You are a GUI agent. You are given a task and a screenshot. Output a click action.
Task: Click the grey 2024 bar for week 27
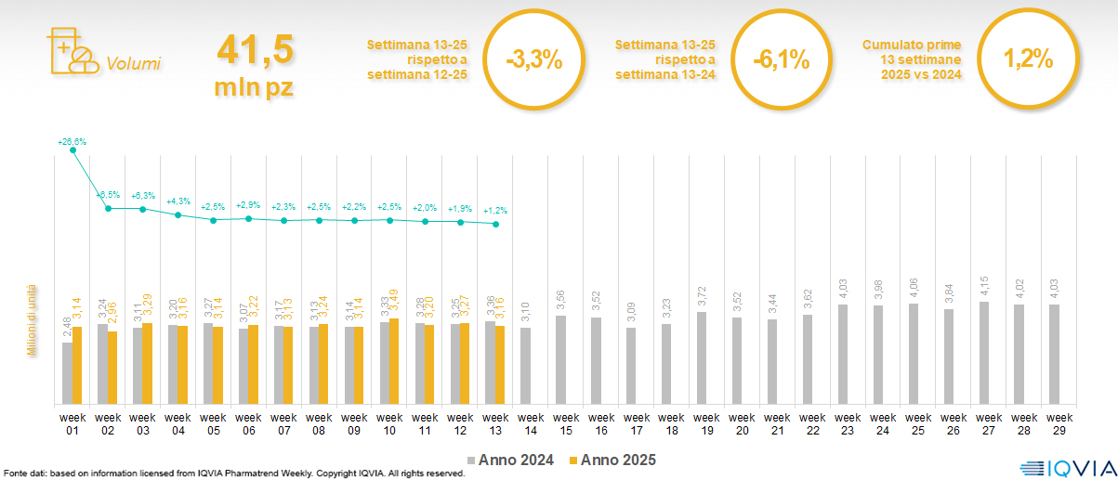[x=984, y=353]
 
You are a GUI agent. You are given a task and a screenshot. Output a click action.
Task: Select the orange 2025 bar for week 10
[x=394, y=361]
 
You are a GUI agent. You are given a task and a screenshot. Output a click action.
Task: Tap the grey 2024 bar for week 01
[x=67, y=373]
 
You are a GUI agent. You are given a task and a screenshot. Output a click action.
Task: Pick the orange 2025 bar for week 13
[x=500, y=365]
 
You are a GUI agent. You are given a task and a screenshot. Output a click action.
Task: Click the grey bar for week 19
[x=702, y=357]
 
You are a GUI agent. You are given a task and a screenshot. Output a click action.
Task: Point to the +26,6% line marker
[x=73, y=150]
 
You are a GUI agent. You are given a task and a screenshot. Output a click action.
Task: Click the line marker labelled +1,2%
[x=496, y=225]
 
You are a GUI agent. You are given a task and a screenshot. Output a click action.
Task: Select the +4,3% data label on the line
[x=178, y=201]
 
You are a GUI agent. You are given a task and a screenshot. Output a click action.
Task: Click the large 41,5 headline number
[x=254, y=49]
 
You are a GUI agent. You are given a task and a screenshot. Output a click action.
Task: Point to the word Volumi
[x=133, y=64]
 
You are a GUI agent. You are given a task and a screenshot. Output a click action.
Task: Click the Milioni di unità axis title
[x=31, y=320]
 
